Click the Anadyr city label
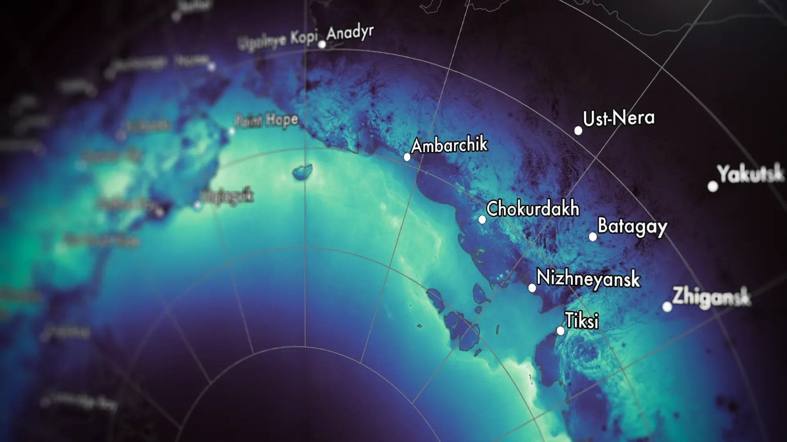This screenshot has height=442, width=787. (x=350, y=33)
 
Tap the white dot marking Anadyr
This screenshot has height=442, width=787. (x=322, y=44)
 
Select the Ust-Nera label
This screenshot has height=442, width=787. (x=619, y=118)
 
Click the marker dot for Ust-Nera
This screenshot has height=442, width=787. (x=578, y=131)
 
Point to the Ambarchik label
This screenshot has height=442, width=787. (x=450, y=145)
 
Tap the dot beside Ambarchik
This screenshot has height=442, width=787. (x=407, y=157)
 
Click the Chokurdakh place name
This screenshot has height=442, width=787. (x=533, y=209)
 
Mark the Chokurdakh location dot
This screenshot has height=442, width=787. (x=482, y=220)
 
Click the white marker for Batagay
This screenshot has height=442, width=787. (x=593, y=237)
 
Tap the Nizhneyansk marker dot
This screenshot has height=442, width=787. (x=532, y=288)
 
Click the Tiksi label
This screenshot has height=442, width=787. (x=582, y=320)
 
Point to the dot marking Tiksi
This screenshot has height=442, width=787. (x=560, y=331)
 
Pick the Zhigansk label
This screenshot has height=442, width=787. (x=712, y=297)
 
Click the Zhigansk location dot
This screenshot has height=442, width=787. (x=667, y=307)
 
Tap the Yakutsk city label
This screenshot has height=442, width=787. (x=751, y=174)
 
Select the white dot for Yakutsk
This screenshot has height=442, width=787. (x=713, y=187)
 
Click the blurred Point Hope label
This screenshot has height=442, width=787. (x=266, y=121)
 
